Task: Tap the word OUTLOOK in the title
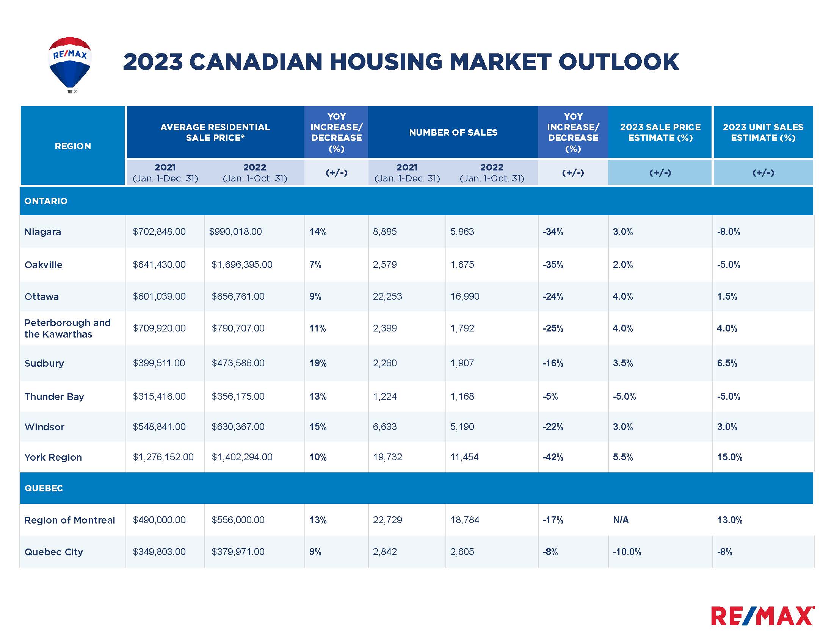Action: click(x=618, y=62)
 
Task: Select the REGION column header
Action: click(x=72, y=146)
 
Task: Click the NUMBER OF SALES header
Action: click(x=453, y=132)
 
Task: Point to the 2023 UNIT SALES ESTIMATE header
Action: click(x=763, y=132)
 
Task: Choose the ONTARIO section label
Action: click(x=46, y=201)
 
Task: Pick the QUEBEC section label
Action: click(x=44, y=488)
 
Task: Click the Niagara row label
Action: click(x=43, y=232)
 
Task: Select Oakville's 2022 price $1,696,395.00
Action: click(x=242, y=265)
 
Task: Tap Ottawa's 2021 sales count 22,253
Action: click(x=387, y=297)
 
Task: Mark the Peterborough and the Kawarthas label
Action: click(x=67, y=328)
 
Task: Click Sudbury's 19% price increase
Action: click(x=318, y=363)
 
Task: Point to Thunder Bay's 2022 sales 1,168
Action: click(x=462, y=396)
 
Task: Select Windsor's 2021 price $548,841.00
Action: click(x=159, y=427)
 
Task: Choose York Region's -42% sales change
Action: click(x=553, y=457)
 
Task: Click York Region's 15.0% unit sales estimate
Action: click(x=729, y=457)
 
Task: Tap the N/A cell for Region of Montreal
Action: click(x=621, y=520)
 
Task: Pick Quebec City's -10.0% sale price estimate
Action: click(x=627, y=552)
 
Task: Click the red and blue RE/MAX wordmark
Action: click(x=763, y=616)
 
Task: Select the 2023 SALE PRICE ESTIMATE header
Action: click(x=660, y=132)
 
